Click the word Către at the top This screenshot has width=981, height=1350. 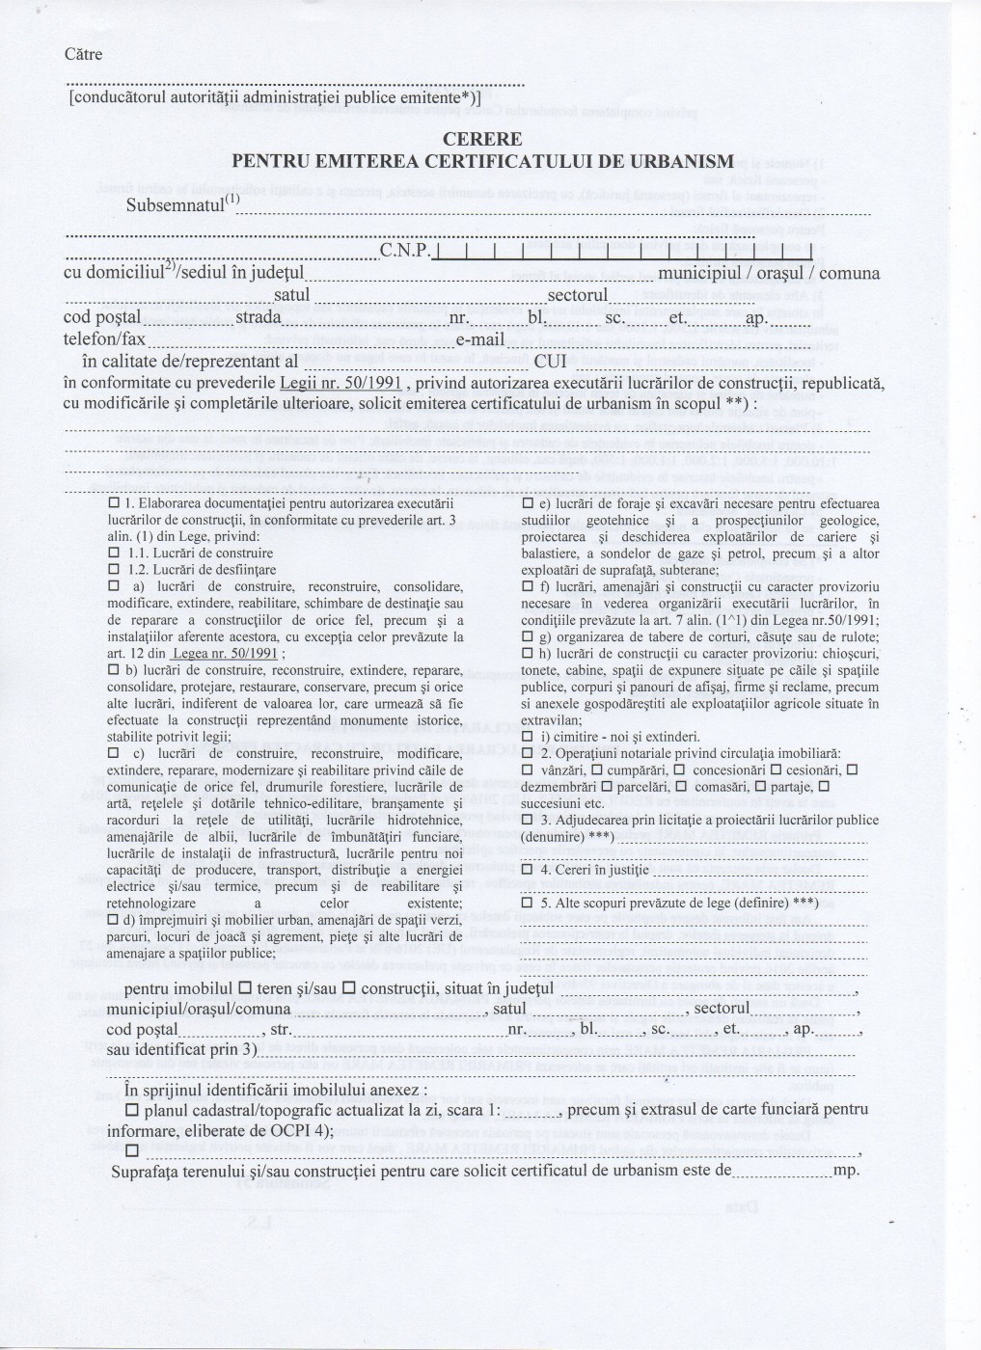[83, 54]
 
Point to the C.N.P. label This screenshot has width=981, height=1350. [403, 253]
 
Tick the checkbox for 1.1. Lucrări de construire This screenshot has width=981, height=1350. [113, 553]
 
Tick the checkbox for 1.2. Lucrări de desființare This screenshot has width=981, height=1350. [113, 570]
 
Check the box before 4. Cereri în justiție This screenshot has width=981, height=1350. [527, 869]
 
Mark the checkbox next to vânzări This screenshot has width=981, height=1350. [527, 769]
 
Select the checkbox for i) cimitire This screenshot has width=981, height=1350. [527, 737]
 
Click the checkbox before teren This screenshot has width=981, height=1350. [245, 987]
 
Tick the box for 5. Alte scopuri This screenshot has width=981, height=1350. [527, 903]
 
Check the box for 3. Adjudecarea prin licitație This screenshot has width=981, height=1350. [527, 820]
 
